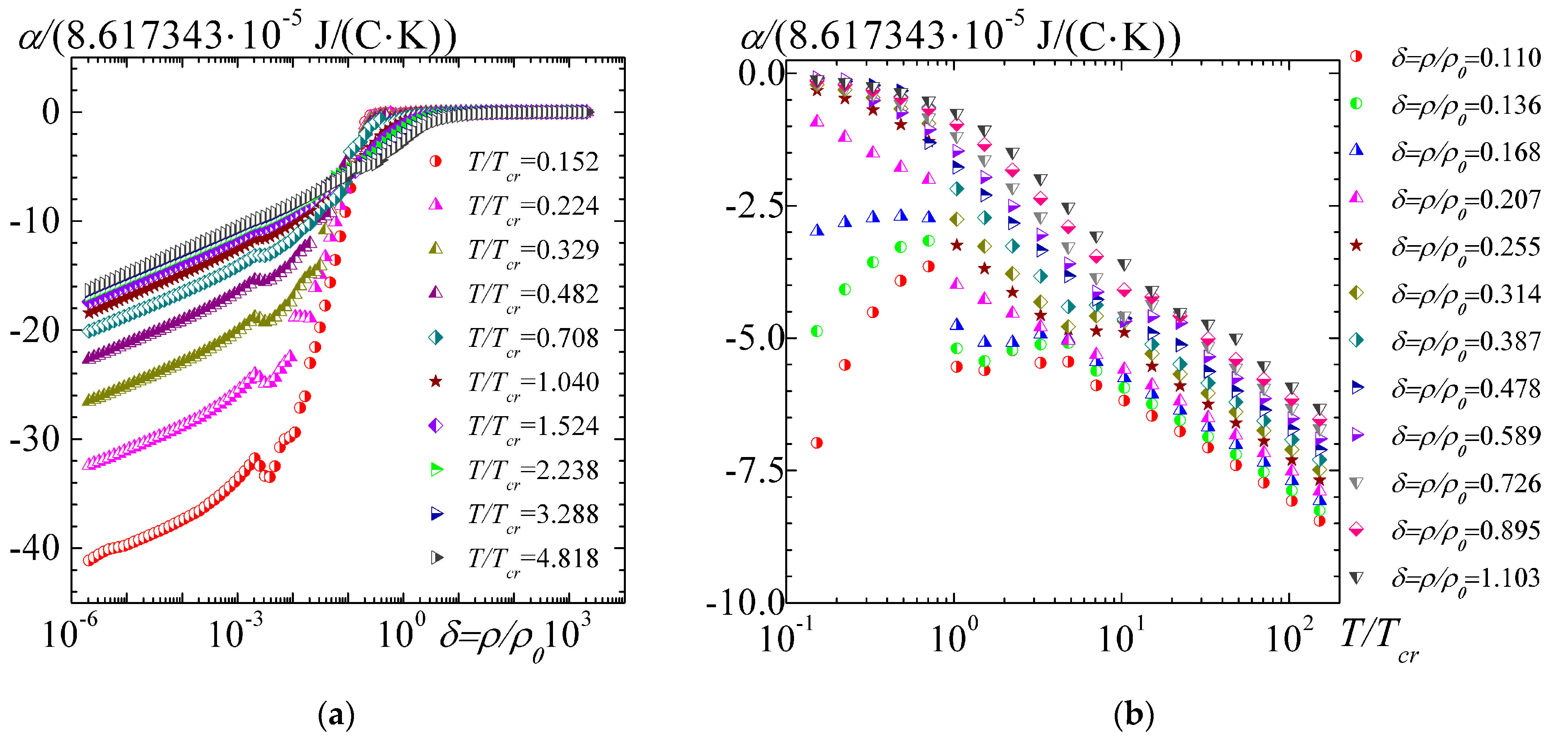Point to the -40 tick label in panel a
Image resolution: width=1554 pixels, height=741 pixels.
click(35, 548)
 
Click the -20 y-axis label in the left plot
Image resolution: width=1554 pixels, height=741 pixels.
click(35, 331)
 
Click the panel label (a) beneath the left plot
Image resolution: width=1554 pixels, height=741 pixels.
click(336, 716)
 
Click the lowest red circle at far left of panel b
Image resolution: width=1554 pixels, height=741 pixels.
click(817, 443)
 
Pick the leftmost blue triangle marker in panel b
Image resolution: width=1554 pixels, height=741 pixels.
click(817, 230)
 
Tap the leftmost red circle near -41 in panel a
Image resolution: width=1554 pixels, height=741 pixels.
click(89, 560)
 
